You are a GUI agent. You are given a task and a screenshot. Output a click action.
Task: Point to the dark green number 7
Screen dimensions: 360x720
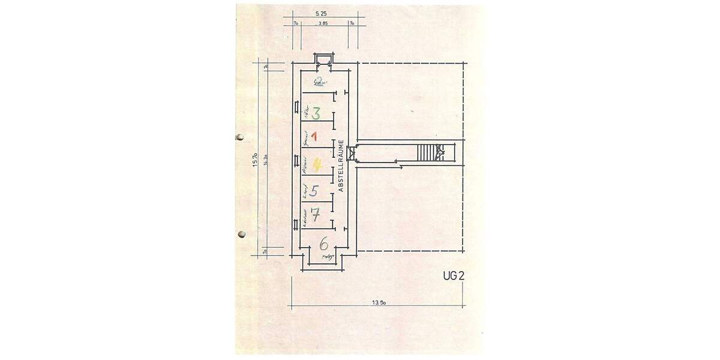[316, 214]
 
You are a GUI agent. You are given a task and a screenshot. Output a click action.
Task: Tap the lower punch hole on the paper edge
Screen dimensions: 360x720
[242, 233]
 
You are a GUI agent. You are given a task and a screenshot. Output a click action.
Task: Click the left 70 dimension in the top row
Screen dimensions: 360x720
[296, 25]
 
